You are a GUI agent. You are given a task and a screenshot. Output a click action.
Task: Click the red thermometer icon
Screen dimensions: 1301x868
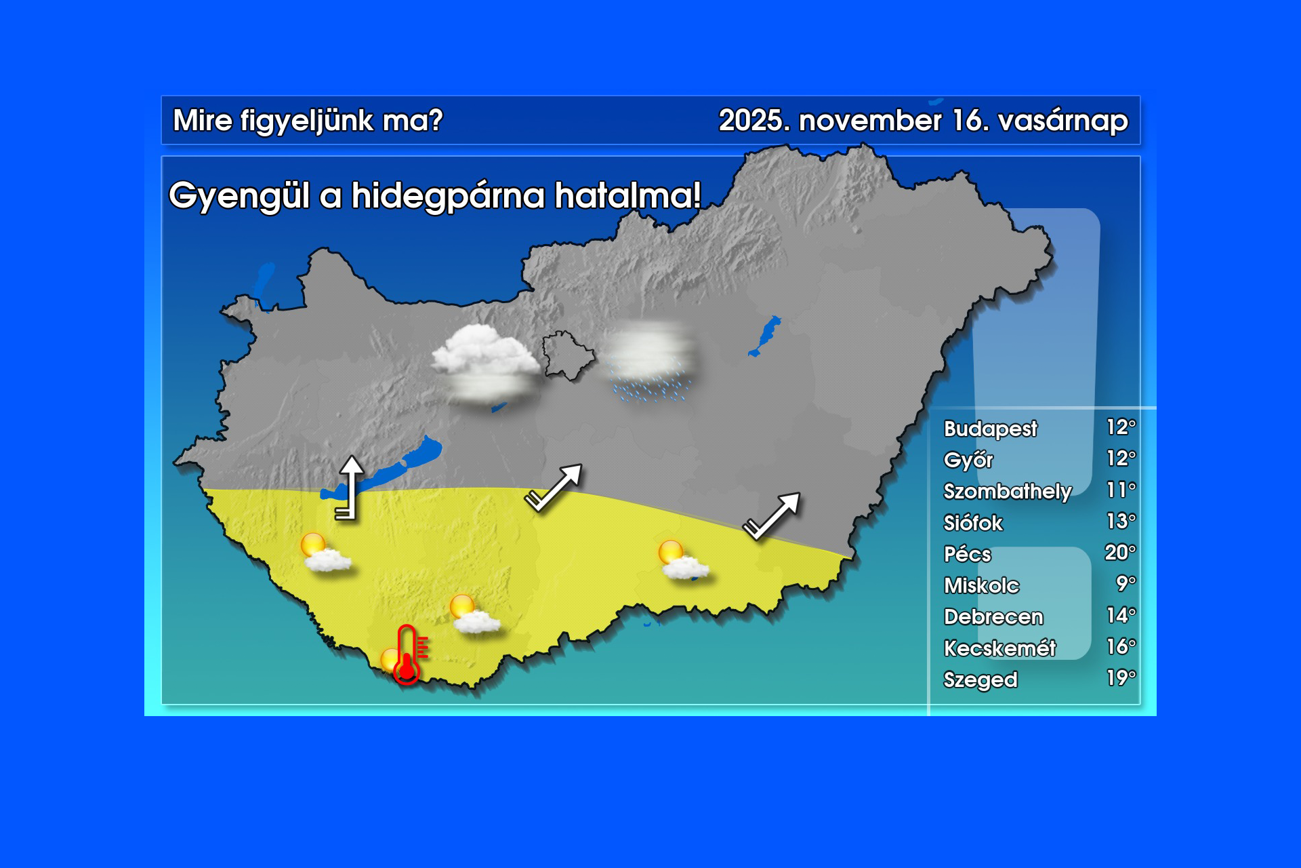click(x=408, y=655)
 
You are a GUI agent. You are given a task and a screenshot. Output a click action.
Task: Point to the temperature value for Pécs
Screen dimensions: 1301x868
click(x=1120, y=553)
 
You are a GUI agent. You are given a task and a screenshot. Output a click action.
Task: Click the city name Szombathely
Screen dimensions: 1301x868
click(x=1008, y=491)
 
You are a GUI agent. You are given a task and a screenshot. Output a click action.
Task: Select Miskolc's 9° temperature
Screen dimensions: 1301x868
click(x=1126, y=583)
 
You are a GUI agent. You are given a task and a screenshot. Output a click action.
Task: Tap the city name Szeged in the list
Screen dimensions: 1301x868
click(x=980, y=679)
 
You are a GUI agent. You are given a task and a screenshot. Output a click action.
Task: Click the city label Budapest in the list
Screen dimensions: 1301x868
click(x=990, y=429)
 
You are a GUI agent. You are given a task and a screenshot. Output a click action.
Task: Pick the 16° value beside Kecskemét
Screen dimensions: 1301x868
click(x=1121, y=646)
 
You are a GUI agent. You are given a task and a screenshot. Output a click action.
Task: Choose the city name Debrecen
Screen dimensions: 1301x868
click(x=993, y=616)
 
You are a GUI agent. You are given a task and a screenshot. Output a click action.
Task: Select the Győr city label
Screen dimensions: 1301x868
click(x=968, y=460)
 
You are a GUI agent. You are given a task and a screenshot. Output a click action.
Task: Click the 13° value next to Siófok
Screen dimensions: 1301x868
click(x=1121, y=521)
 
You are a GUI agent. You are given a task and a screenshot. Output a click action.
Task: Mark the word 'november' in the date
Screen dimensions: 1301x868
click(x=870, y=121)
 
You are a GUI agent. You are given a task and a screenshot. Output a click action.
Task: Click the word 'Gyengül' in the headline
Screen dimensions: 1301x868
click(x=239, y=197)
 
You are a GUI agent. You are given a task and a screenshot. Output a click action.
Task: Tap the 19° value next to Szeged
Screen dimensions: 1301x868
click(x=1121, y=677)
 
